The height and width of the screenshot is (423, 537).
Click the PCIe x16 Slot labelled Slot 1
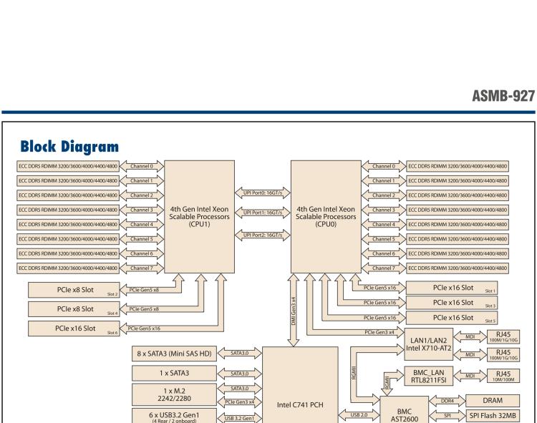pos(457,288)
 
